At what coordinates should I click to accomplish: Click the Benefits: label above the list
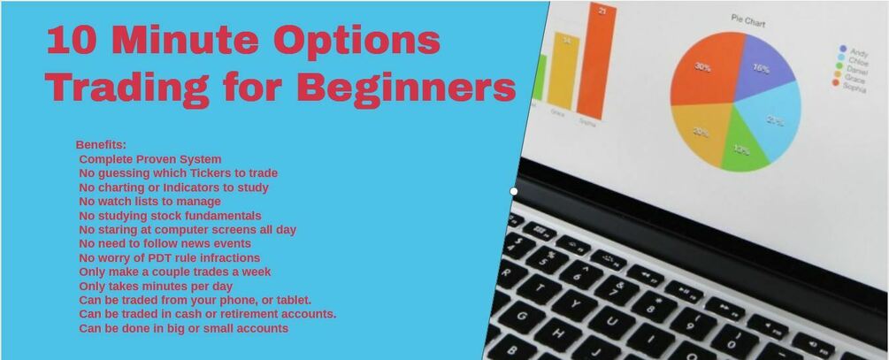(x=101, y=144)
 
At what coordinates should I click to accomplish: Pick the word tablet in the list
(x=290, y=300)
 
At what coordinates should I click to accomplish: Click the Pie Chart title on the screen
(x=747, y=17)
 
